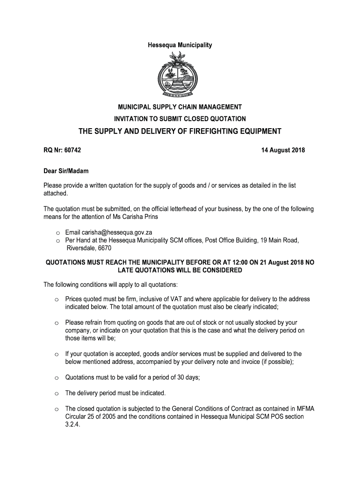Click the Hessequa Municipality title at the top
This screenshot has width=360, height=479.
pos(180,45)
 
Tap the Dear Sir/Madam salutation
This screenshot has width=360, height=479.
pos(66,171)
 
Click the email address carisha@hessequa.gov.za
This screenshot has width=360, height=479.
pos(115,232)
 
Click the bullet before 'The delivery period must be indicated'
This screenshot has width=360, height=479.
pos(55,393)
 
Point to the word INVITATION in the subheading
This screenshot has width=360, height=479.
pos(134,119)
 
